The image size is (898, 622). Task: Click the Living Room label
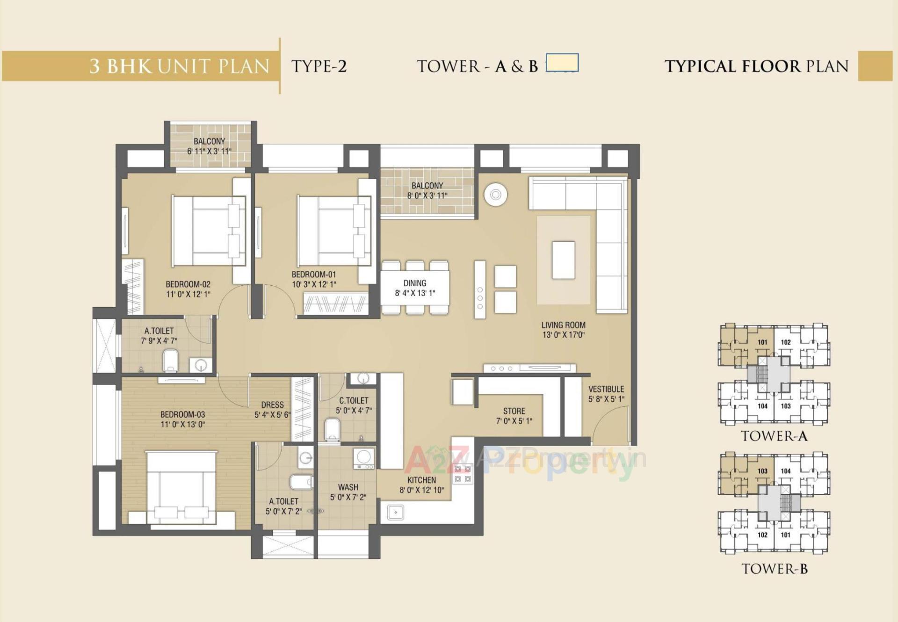click(x=563, y=325)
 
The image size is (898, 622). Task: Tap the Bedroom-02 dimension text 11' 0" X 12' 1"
click(x=188, y=294)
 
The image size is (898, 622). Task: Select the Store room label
click(x=514, y=411)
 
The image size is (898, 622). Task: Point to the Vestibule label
click(x=606, y=389)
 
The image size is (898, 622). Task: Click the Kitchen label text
click(x=421, y=480)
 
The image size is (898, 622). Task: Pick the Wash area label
click(x=348, y=487)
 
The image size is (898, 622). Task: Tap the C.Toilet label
click(x=354, y=401)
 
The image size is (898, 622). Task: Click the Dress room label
click(x=272, y=405)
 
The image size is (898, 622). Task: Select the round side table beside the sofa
click(x=496, y=194)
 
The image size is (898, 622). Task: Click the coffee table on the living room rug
click(x=563, y=260)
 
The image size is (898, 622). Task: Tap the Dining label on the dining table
click(x=415, y=283)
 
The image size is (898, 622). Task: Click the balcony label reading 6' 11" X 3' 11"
click(x=209, y=151)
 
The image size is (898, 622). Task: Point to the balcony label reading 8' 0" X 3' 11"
click(x=427, y=195)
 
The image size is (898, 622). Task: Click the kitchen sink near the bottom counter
click(x=396, y=513)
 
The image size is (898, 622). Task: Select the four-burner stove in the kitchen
click(x=462, y=474)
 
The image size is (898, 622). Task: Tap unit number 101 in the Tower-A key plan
click(x=762, y=342)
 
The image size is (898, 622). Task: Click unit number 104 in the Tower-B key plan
click(x=786, y=471)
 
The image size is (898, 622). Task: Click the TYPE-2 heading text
click(x=319, y=66)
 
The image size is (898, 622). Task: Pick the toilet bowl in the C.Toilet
click(x=332, y=428)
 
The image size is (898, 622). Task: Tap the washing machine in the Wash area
click(x=364, y=458)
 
